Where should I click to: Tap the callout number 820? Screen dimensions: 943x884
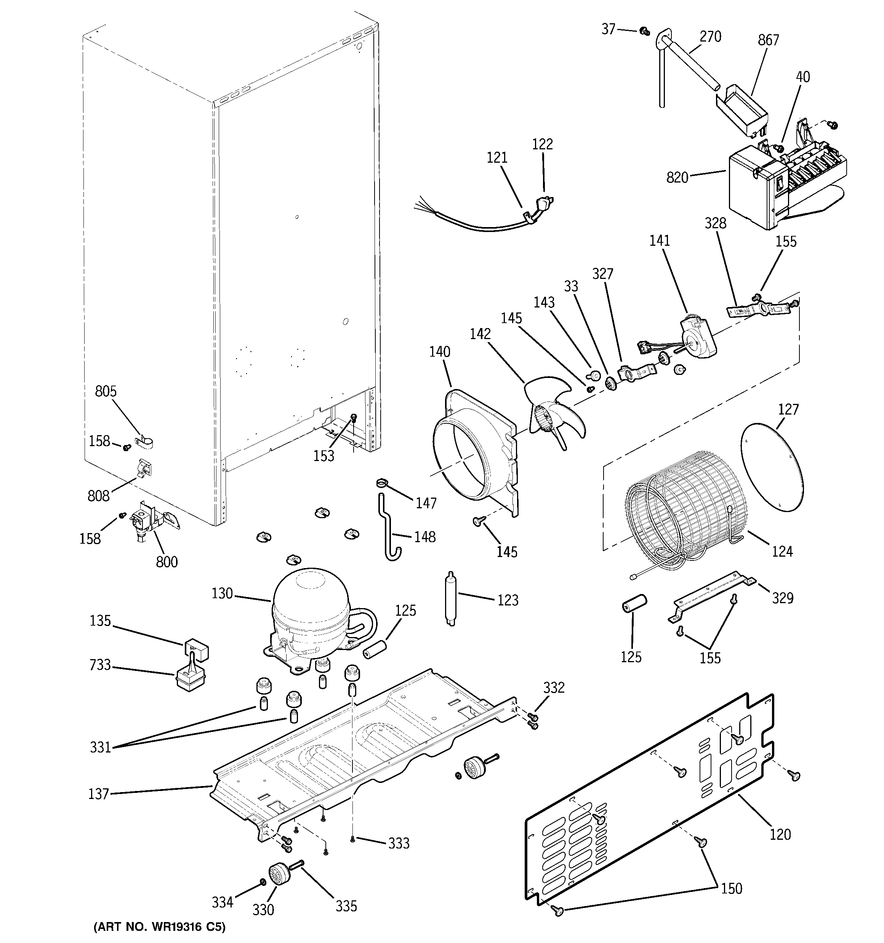click(677, 178)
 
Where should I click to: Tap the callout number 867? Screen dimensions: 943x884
click(768, 40)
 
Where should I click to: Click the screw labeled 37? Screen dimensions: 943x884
click(644, 31)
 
